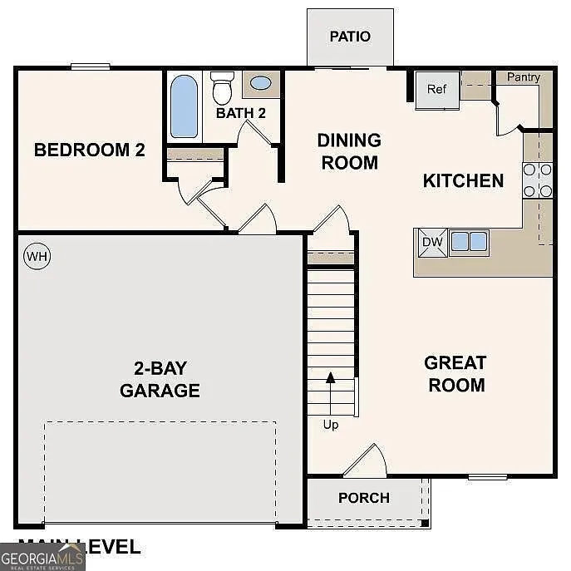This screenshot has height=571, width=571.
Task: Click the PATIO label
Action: [x=350, y=37]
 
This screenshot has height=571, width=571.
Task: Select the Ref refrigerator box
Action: [x=437, y=90]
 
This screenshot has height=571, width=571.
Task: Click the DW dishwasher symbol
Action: [x=432, y=242]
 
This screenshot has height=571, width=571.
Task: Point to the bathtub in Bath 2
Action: [x=184, y=106]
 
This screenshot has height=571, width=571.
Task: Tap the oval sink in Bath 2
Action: [x=261, y=84]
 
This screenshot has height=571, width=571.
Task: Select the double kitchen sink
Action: [x=469, y=242]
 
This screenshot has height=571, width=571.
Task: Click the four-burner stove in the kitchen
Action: [x=538, y=180]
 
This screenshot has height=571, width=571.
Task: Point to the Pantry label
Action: [x=524, y=77]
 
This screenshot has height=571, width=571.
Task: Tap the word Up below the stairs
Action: [x=331, y=425]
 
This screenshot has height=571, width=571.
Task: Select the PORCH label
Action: [x=363, y=498]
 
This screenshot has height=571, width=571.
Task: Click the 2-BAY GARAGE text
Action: [x=160, y=379]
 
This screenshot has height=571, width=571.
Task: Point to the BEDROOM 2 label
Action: [x=90, y=150]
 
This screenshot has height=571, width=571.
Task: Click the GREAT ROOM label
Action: [x=455, y=374]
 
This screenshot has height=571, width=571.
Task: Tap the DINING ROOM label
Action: [x=349, y=151]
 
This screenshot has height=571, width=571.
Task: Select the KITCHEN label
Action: [x=463, y=180]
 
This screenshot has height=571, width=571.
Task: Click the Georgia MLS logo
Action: [x=42, y=556]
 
